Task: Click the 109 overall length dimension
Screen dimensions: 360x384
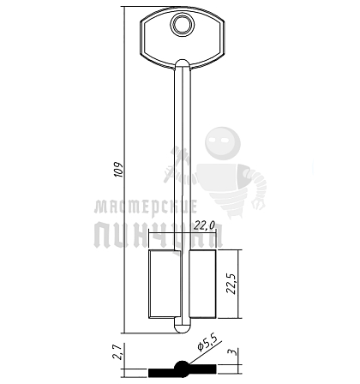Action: point(119,170)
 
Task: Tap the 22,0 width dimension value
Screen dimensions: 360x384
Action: point(205,225)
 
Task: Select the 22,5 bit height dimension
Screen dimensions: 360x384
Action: point(231,284)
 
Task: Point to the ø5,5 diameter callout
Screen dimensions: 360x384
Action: point(207,342)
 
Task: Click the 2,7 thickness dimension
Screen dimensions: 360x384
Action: point(117,351)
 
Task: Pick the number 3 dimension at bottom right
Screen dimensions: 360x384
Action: point(234,352)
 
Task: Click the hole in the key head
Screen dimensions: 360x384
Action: point(183,25)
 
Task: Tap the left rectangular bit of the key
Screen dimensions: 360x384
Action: point(165,284)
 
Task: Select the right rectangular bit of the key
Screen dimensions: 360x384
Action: point(202,284)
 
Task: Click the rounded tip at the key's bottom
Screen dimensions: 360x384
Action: point(183,328)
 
